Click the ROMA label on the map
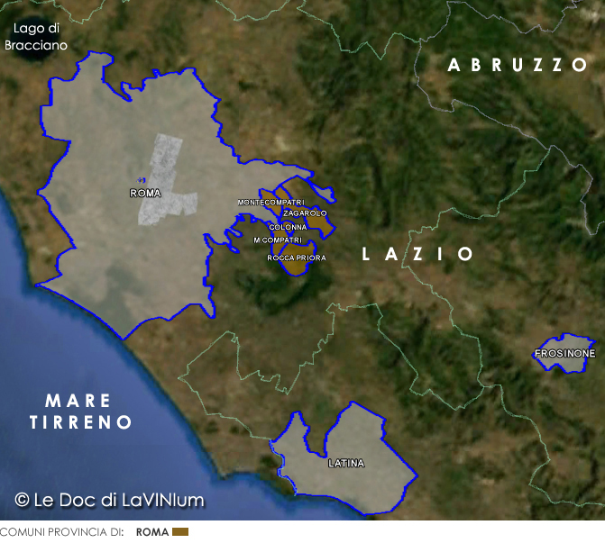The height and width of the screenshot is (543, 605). point(145,194)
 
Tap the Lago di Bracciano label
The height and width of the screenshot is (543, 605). point(35,37)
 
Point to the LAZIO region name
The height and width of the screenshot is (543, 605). point(417,255)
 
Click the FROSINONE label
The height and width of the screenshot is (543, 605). point(564,354)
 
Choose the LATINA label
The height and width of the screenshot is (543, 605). point(346,464)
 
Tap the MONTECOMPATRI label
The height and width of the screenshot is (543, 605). point(270,203)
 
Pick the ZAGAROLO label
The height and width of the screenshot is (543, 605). point(305,213)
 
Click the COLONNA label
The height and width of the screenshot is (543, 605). point(288,227)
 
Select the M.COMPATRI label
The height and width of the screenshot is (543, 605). point(277,240)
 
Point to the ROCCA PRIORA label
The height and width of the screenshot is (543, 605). point(297,258)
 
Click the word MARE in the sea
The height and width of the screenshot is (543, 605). point(78,401)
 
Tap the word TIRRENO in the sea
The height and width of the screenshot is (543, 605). point(81,422)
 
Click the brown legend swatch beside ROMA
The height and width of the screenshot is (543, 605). point(180,532)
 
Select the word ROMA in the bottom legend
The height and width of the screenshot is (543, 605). point(152,532)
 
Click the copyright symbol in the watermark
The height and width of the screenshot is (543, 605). point(22,500)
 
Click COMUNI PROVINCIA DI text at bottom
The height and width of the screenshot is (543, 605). point(61,532)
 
